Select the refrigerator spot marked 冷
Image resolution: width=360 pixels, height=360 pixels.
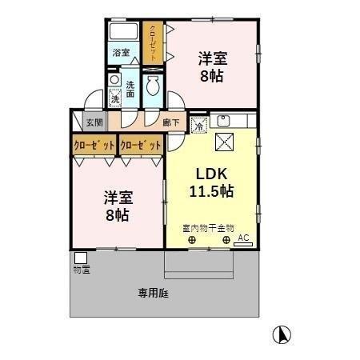[198, 124]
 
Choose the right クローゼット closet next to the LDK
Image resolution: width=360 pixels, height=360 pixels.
[141, 146]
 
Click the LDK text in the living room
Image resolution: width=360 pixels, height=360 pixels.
[210, 174]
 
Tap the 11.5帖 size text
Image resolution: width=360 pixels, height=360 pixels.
[211, 191]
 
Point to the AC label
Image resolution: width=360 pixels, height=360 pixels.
[243, 237]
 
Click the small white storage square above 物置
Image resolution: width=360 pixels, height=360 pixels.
[81, 258]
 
